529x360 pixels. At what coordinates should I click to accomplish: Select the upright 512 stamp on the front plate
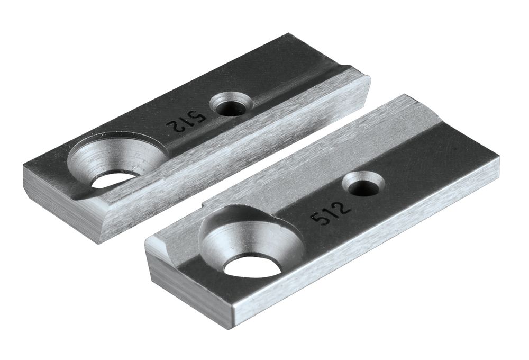[331, 210]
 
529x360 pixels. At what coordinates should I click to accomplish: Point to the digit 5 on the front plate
[320, 217]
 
